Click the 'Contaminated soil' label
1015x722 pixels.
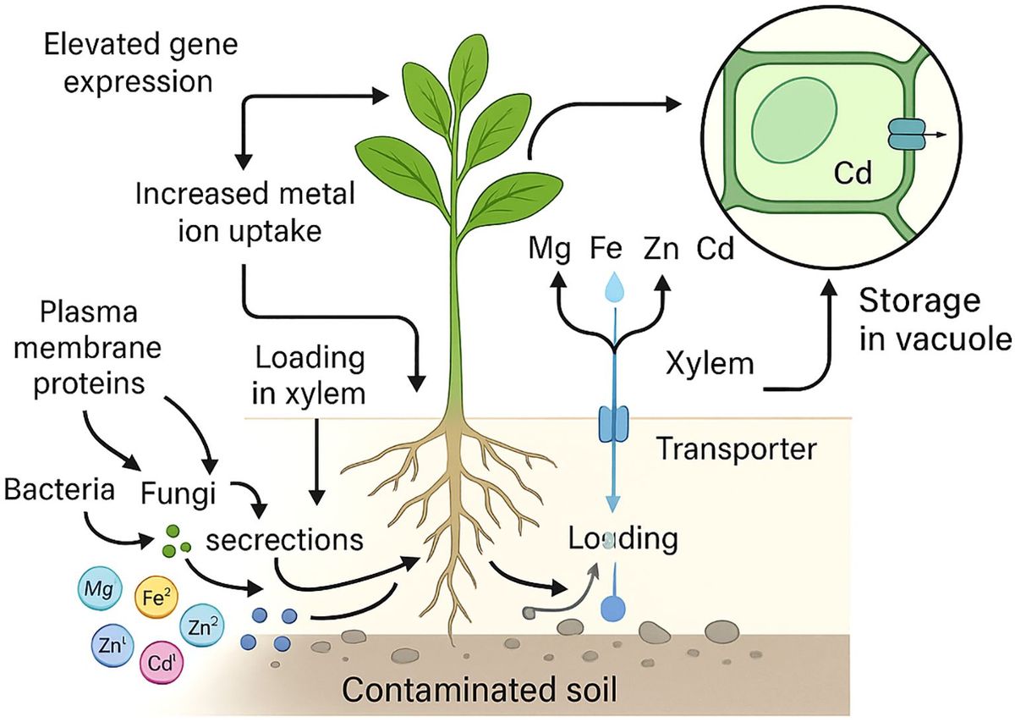pyautogui.click(x=478, y=691)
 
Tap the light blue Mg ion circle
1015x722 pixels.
pyautogui.click(x=100, y=590)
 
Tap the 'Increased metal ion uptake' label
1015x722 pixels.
pyautogui.click(x=244, y=212)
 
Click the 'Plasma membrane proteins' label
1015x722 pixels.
pyautogui.click(x=90, y=347)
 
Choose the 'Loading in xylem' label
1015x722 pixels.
pyautogui.click(x=310, y=375)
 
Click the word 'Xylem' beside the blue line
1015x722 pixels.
pyautogui.click(x=709, y=364)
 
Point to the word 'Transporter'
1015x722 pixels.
pyautogui.click(x=736, y=449)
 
